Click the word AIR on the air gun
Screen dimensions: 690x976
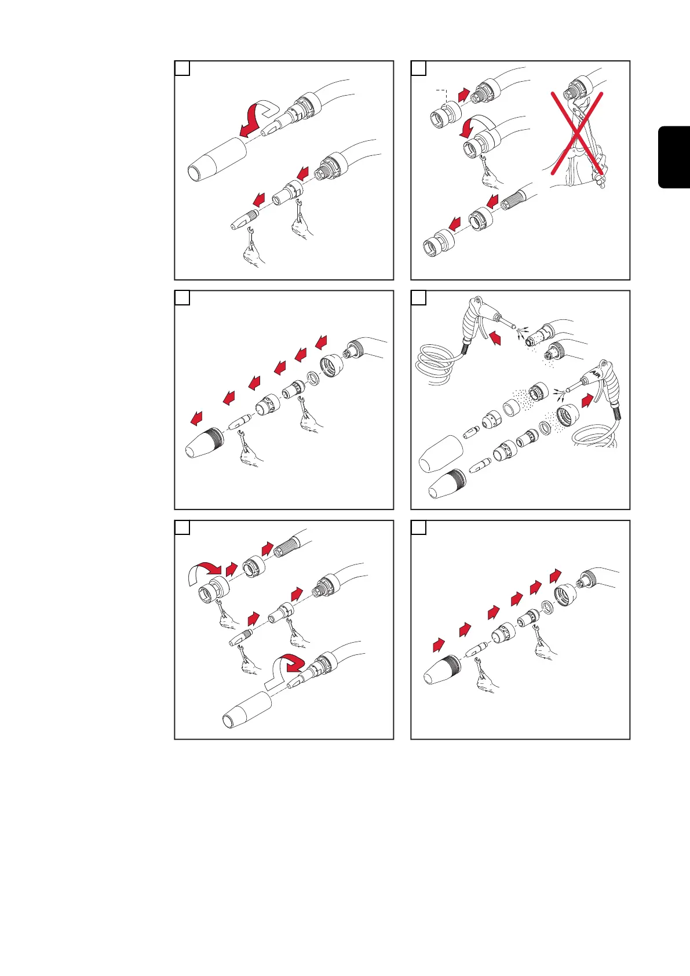click(x=596, y=373)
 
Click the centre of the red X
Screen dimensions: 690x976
click(x=577, y=133)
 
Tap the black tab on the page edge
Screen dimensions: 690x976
click(x=674, y=157)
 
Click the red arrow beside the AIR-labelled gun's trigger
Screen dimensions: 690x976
click(x=587, y=400)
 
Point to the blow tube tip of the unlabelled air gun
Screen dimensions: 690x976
click(x=513, y=325)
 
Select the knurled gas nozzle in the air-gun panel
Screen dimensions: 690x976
click(x=447, y=484)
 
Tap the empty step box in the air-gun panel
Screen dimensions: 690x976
click(x=419, y=298)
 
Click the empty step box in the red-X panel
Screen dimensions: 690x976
click(x=419, y=68)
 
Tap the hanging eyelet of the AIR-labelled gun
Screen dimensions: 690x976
click(x=603, y=362)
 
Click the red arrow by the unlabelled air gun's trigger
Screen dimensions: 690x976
click(x=495, y=338)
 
